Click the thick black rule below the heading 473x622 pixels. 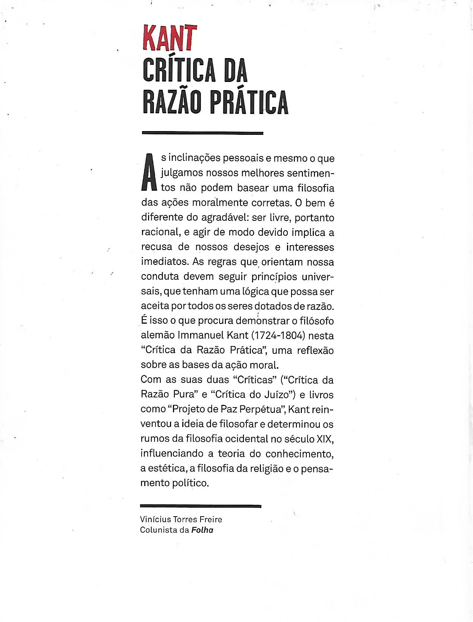tap(202, 133)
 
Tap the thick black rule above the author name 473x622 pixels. tap(201, 506)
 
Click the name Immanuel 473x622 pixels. tap(201, 336)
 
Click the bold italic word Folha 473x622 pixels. tap(202, 530)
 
